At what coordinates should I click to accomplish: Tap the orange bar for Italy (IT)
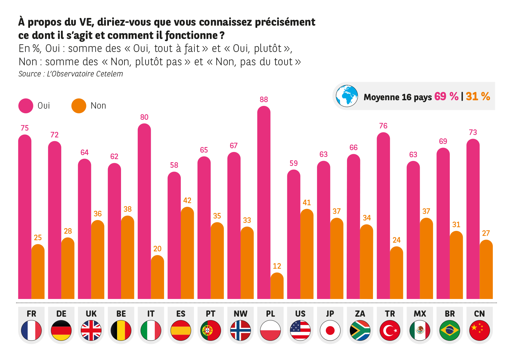pyautogui.click(x=159, y=277)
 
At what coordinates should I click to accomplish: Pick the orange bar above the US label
pyautogui.click(x=309, y=254)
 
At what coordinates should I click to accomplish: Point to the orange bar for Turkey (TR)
pyautogui.click(x=398, y=272)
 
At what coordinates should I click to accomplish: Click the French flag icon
pyautogui.click(x=31, y=330)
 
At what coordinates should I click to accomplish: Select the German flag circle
pyautogui.click(x=61, y=330)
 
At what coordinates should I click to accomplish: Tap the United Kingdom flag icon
pyautogui.click(x=91, y=330)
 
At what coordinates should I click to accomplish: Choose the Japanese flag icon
pyautogui.click(x=330, y=330)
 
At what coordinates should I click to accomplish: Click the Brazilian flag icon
pyautogui.click(x=449, y=330)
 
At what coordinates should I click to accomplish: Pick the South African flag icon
pyautogui.click(x=360, y=330)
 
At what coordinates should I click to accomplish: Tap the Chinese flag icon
pyautogui.click(x=479, y=330)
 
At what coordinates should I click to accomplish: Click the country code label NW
pyautogui.click(x=241, y=314)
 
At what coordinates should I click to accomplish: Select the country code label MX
pyautogui.click(x=420, y=314)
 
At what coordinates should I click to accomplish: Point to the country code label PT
pyautogui.click(x=210, y=314)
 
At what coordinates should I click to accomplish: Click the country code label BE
pyautogui.click(x=121, y=314)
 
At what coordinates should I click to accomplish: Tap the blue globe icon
pyautogui.click(x=347, y=96)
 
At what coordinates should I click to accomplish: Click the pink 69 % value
pyautogui.click(x=446, y=96)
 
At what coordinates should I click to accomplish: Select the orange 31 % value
pyautogui.click(x=478, y=96)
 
